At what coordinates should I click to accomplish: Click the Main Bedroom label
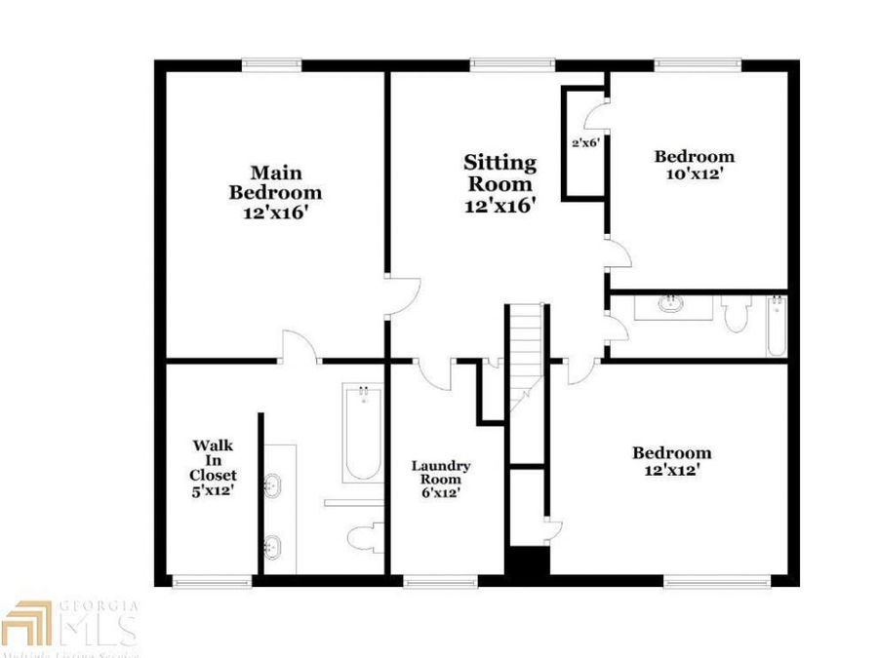(275, 191)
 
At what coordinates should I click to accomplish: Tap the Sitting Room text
(499, 183)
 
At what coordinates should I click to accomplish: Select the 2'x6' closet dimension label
(583, 142)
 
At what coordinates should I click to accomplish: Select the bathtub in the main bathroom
(363, 434)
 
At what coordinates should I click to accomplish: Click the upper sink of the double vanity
(273, 485)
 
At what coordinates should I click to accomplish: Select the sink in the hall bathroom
(671, 304)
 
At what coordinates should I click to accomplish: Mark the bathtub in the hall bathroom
(776, 325)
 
